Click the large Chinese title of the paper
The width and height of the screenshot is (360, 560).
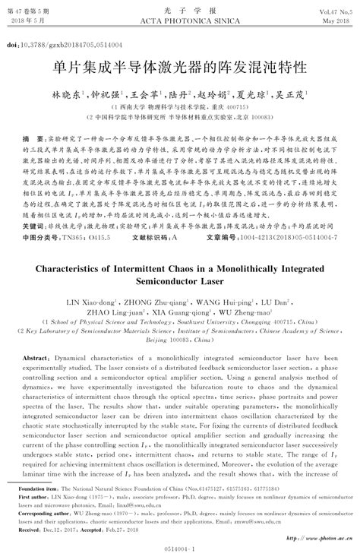pyautogui.click(x=179, y=68)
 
